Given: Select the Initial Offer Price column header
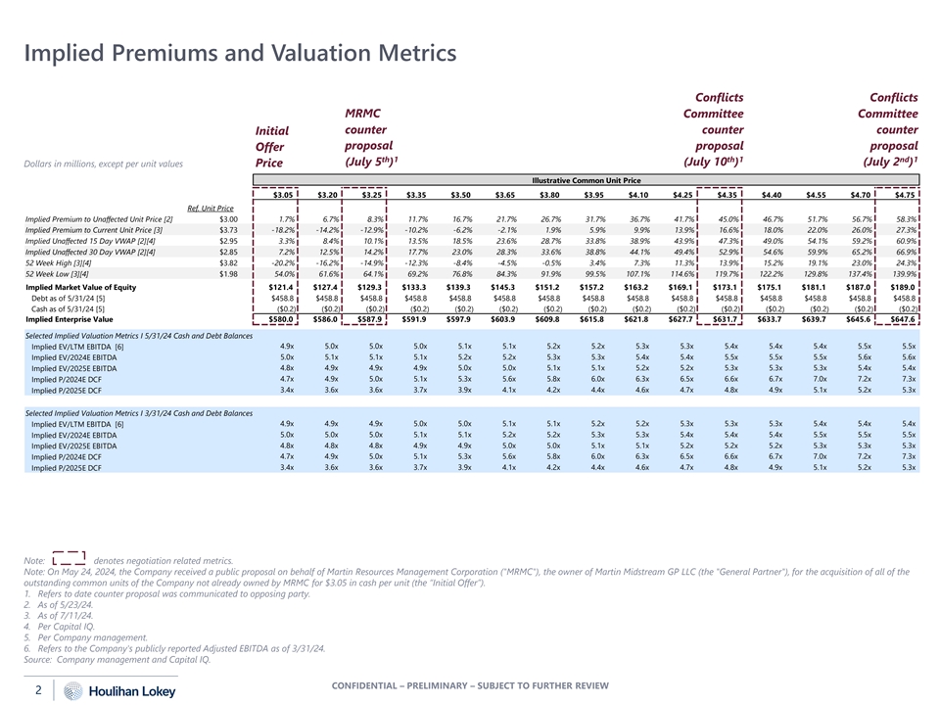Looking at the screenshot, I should tap(272, 145).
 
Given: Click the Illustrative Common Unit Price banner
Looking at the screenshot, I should tap(585, 180).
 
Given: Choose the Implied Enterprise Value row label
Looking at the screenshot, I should tap(70, 318).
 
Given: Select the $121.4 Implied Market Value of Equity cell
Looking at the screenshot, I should tap(282, 286).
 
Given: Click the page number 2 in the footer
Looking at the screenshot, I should tap(36, 689).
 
